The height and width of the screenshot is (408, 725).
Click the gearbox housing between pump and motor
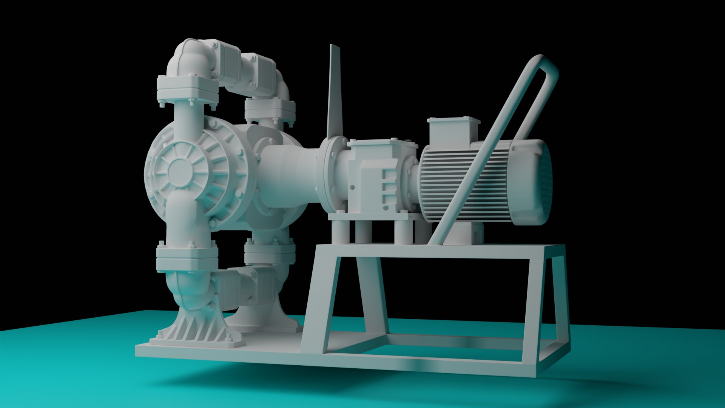pos(378,178)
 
